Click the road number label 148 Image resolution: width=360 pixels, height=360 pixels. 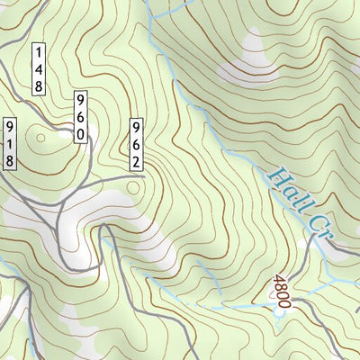click(x=40, y=68)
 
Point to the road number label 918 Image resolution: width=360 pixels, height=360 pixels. click(x=11, y=143)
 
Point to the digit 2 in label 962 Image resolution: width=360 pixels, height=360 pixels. click(x=137, y=161)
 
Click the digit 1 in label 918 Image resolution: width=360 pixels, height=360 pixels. click(x=11, y=143)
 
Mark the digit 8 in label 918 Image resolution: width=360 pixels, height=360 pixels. click(x=11, y=160)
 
